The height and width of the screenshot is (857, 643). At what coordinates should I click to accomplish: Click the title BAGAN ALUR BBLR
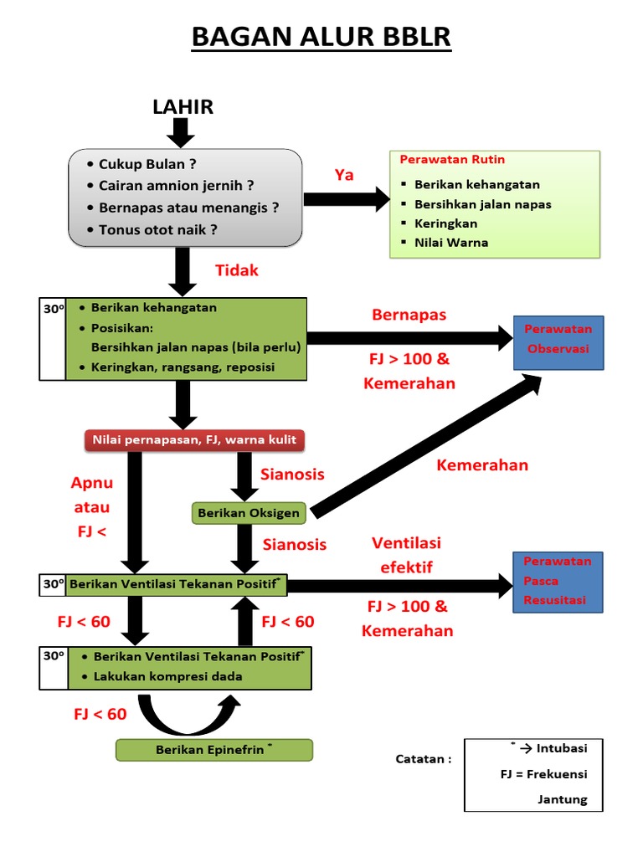[321, 38]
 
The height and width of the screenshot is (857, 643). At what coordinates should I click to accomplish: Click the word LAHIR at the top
[183, 106]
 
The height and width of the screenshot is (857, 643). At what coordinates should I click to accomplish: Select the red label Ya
[344, 175]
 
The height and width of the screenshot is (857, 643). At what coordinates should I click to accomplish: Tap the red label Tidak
[237, 270]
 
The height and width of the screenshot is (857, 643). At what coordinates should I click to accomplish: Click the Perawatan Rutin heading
[452, 160]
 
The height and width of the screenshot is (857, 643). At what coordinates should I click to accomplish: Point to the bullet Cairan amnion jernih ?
[176, 186]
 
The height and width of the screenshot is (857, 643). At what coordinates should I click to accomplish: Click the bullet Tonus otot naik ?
[157, 229]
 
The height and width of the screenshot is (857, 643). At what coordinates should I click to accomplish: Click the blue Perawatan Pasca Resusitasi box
[558, 581]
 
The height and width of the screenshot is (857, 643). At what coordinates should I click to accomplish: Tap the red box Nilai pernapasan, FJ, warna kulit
[193, 440]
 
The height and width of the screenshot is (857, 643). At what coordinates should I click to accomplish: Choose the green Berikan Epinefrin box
[213, 750]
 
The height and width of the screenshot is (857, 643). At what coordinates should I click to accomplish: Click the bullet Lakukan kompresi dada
[167, 676]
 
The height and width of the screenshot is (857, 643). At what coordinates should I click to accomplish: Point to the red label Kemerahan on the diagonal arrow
[482, 465]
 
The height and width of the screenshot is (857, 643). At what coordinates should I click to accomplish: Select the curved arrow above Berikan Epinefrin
[188, 714]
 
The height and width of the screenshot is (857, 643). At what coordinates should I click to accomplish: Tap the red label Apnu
[92, 484]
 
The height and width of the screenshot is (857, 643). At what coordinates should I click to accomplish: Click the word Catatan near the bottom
[424, 759]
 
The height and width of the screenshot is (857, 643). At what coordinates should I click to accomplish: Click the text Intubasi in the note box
[562, 748]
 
